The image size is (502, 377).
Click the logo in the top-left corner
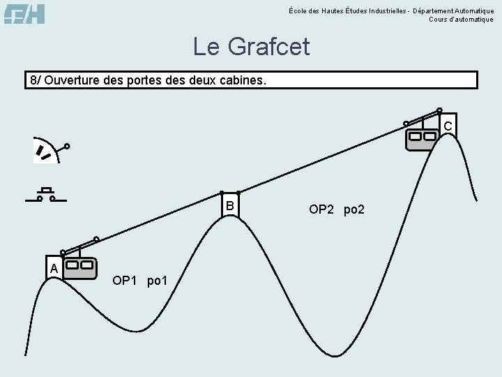[24, 13]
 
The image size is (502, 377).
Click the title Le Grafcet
[251, 47]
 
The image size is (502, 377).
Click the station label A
[53, 268]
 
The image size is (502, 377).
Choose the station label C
[448, 126]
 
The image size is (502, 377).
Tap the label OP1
[124, 281]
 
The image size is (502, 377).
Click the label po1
[158, 281]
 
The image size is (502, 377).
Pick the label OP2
[321, 209]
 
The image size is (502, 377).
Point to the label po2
[354, 209]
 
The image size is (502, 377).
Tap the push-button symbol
[46, 195]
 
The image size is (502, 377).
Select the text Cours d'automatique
[461, 20]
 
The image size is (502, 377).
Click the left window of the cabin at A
[73, 265]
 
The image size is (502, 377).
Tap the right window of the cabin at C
[429, 136]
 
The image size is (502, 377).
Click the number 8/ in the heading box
[36, 80]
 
